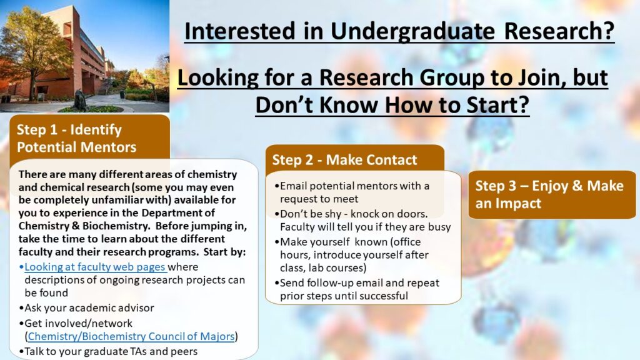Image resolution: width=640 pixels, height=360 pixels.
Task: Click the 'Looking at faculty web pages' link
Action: (x=96, y=267)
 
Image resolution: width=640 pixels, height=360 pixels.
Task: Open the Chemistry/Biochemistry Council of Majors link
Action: (x=131, y=336)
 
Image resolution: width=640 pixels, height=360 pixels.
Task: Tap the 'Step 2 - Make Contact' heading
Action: (x=344, y=159)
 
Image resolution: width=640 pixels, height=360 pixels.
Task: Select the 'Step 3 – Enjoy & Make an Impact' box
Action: (x=552, y=194)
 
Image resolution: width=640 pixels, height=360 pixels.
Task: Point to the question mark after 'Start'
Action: (x=524, y=105)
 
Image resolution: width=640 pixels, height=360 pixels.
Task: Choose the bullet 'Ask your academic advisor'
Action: (x=86, y=307)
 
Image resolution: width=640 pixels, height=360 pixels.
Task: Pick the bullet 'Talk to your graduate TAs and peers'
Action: (x=108, y=351)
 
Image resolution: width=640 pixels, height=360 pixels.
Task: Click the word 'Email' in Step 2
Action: (x=293, y=186)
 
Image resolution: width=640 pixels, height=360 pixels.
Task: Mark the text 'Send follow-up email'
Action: (x=331, y=283)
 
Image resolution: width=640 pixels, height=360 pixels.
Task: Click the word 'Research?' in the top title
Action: (x=559, y=31)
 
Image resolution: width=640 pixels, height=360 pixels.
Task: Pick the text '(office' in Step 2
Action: (x=405, y=242)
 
